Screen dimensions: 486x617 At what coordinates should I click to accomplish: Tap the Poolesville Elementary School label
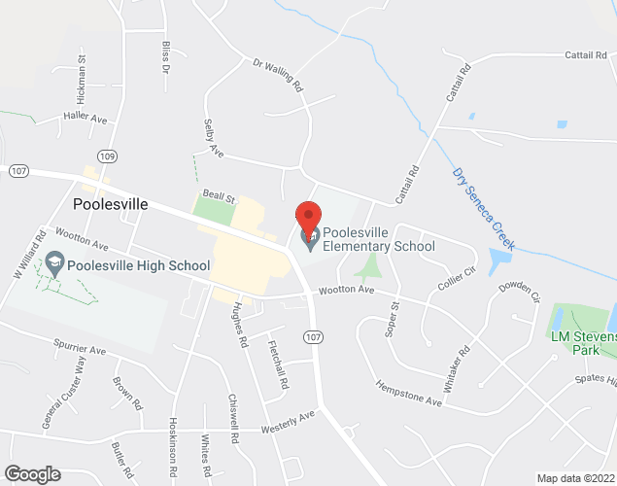click(x=378, y=239)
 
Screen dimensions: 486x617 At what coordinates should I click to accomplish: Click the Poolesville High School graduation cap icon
click(x=55, y=264)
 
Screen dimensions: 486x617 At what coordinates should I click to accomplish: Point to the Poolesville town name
click(x=111, y=204)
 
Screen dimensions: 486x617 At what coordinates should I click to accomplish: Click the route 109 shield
click(x=106, y=156)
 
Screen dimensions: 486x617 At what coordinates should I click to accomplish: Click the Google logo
click(x=31, y=473)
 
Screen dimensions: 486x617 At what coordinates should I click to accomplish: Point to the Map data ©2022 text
click(x=575, y=478)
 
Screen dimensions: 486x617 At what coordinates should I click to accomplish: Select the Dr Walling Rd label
click(x=279, y=75)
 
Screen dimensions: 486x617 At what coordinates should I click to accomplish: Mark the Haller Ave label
click(x=86, y=119)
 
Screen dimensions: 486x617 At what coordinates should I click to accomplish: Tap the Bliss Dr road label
click(x=166, y=58)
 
